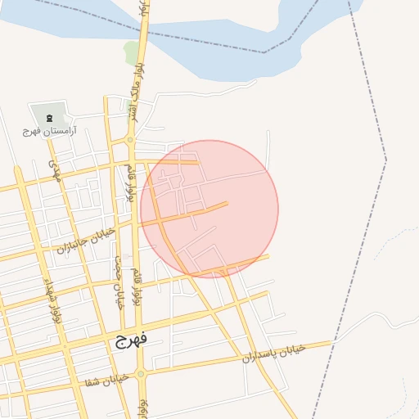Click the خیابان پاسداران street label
click(273, 354)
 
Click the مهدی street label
click(55, 170)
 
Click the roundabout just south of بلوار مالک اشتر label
click(130, 141)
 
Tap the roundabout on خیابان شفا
click(141, 374)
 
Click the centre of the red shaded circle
click(209, 209)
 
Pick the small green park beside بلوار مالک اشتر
click(131, 53)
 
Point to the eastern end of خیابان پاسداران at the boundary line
click(331, 342)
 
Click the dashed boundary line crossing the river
click(264, 52)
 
